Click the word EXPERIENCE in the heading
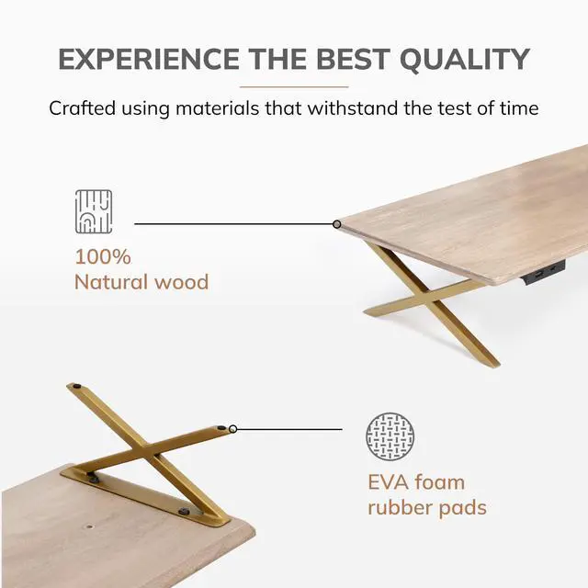[149, 59]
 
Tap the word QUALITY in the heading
[465, 59]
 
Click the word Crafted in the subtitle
[82, 108]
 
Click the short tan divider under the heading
[294, 86]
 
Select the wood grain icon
[94, 211]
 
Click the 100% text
[103, 257]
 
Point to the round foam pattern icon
[390, 436]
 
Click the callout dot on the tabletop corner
[337, 224]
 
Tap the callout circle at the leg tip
[232, 429]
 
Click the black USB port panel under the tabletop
[543, 270]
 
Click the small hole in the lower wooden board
[89, 526]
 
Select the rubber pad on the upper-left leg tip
[77, 386]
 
